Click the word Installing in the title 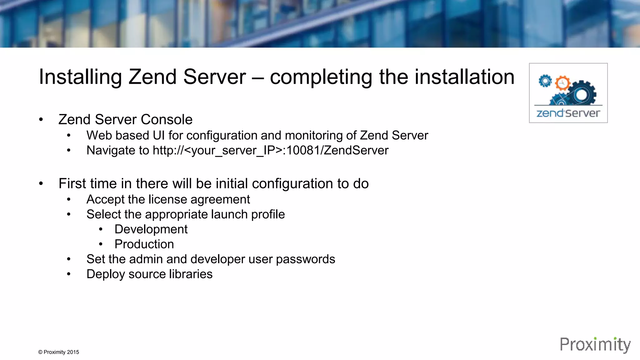coord(80,77)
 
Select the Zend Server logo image coord(568,93)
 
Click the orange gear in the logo coord(562,83)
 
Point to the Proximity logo coord(595,345)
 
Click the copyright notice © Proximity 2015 coord(58,352)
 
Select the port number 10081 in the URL coord(303,150)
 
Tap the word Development coord(151,229)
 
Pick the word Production coord(144,244)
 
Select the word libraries coord(191,274)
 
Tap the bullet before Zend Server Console coord(41,119)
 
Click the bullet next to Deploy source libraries coord(69,274)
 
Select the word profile coord(268,214)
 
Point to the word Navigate coord(118,150)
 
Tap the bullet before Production coord(101,244)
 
